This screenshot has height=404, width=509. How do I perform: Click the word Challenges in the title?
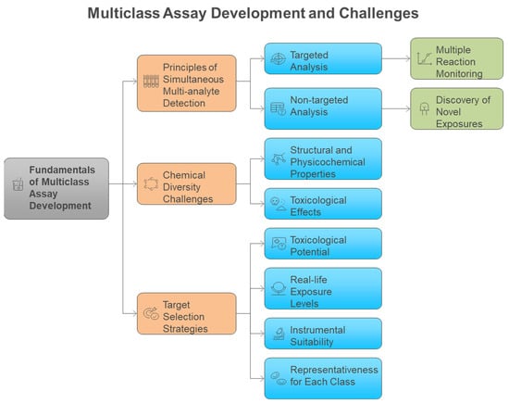click(379, 13)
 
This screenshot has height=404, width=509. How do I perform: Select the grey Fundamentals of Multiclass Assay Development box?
click(56, 188)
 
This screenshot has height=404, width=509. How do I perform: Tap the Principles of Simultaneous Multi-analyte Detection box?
click(187, 83)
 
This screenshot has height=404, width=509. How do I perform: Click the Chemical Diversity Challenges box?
click(187, 184)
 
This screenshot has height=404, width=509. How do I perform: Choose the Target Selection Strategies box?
click(187, 313)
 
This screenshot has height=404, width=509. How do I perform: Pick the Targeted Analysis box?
click(323, 58)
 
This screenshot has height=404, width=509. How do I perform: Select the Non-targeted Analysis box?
click(323, 108)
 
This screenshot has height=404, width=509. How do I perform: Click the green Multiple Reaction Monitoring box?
click(457, 58)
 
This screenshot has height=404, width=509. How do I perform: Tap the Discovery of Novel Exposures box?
click(457, 108)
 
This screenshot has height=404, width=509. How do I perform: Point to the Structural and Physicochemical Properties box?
click(323, 158)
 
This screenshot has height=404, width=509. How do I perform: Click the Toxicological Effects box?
click(323, 204)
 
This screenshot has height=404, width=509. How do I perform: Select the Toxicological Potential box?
click(323, 244)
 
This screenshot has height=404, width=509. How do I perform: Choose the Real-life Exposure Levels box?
click(323, 288)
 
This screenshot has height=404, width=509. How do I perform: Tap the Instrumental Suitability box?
click(323, 334)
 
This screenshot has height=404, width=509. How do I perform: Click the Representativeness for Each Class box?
click(323, 378)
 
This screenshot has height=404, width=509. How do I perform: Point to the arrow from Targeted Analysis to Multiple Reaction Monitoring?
click(396, 58)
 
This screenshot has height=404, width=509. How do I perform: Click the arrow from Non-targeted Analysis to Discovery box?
click(396, 108)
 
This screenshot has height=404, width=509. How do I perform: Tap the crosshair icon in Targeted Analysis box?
click(279, 58)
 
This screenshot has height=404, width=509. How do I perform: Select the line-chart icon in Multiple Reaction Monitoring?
click(424, 58)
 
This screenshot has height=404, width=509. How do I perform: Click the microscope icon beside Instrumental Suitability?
click(279, 334)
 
